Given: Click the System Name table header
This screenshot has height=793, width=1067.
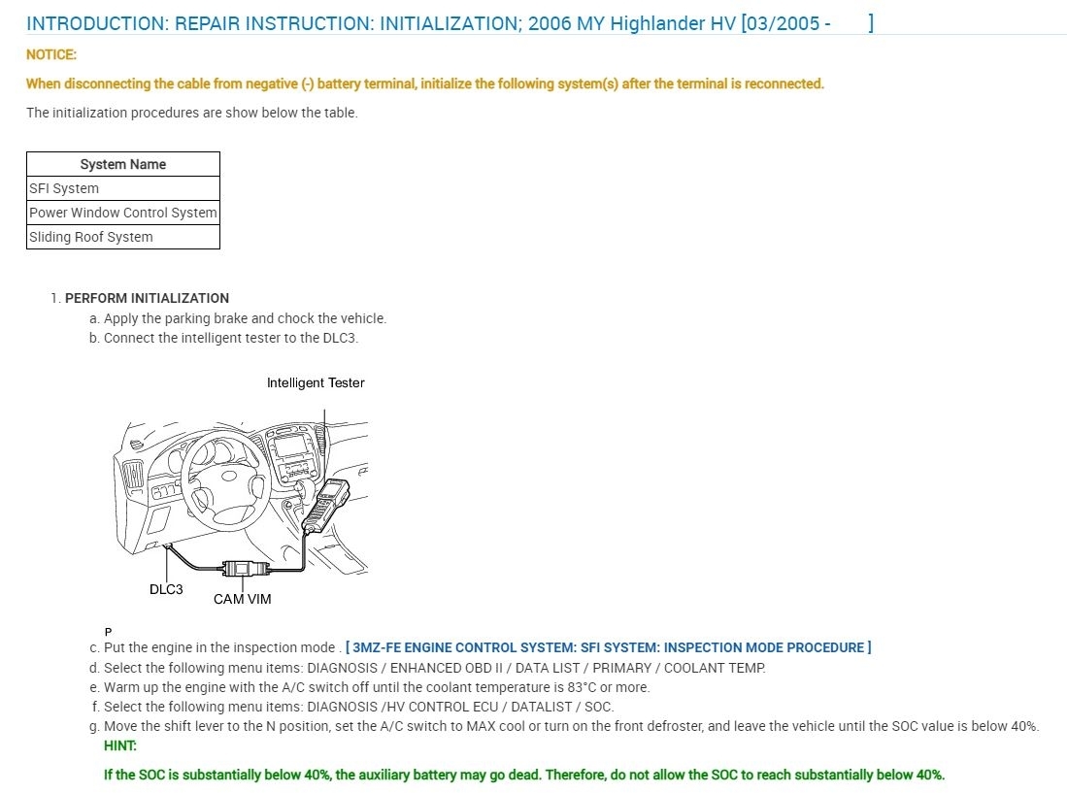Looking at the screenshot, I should tap(123, 164).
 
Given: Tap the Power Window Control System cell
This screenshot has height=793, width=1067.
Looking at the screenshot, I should tap(123, 213).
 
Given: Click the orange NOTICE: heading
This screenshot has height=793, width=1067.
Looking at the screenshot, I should tap(51, 54).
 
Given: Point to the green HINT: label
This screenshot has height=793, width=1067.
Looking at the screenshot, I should tap(120, 745).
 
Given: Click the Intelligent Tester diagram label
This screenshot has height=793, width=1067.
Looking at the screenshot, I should tap(316, 382).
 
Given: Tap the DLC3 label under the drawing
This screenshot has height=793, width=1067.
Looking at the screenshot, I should tap(166, 589).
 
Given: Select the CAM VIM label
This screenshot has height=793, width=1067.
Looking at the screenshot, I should tap(243, 599).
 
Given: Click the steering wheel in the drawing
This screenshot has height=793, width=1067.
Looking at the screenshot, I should tap(225, 475).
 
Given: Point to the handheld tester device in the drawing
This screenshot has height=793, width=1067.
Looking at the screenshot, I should tap(327, 505).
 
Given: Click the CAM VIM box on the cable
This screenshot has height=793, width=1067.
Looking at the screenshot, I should tap(243, 569).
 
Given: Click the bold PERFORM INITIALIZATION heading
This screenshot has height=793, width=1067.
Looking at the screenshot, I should tap(147, 298).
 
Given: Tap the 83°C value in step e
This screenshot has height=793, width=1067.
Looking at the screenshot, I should tap(579, 687).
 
